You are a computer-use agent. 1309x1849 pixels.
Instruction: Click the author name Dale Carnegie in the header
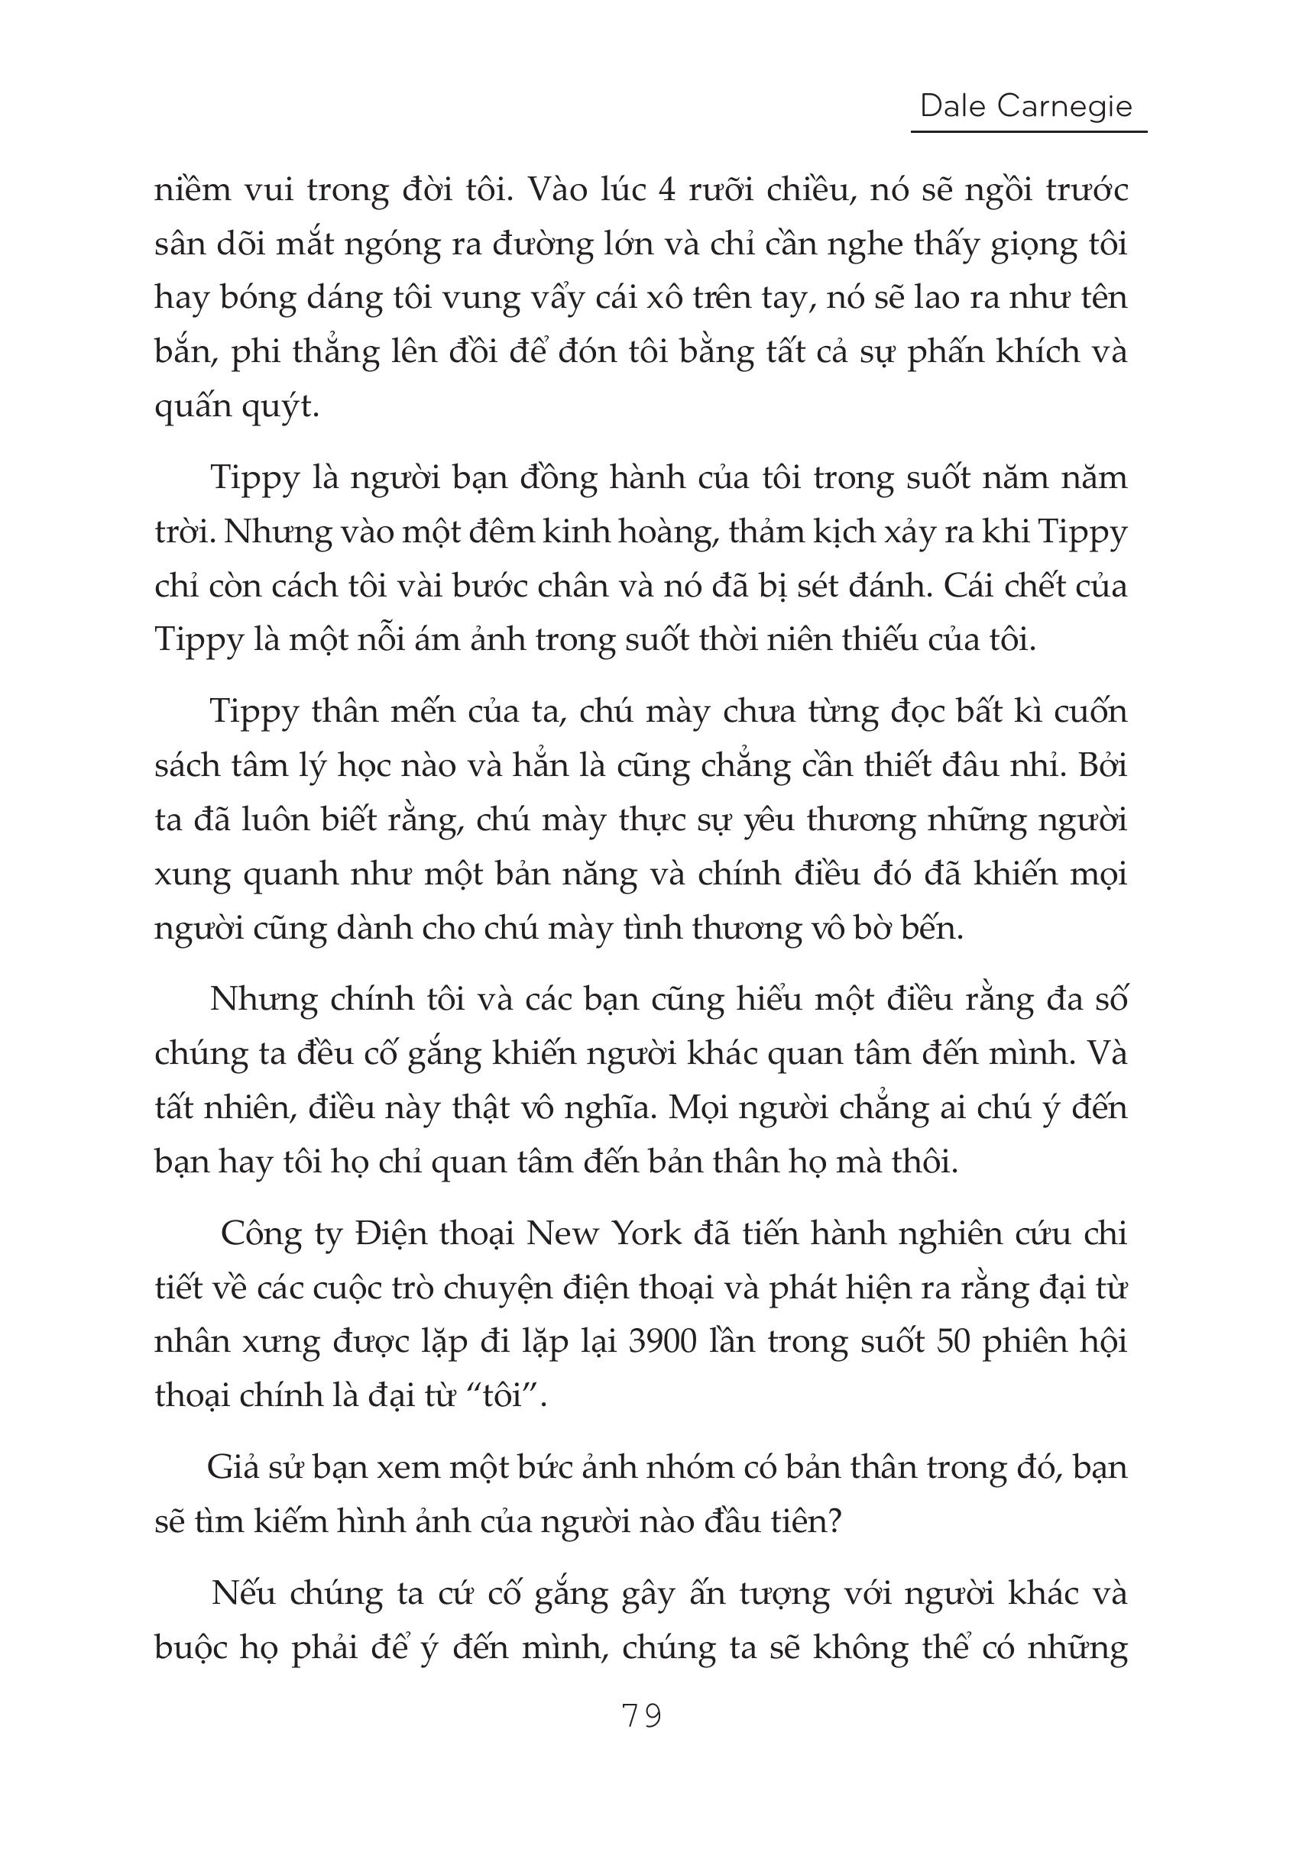point(1026,105)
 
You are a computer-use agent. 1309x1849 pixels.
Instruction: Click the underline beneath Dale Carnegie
point(1029,131)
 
